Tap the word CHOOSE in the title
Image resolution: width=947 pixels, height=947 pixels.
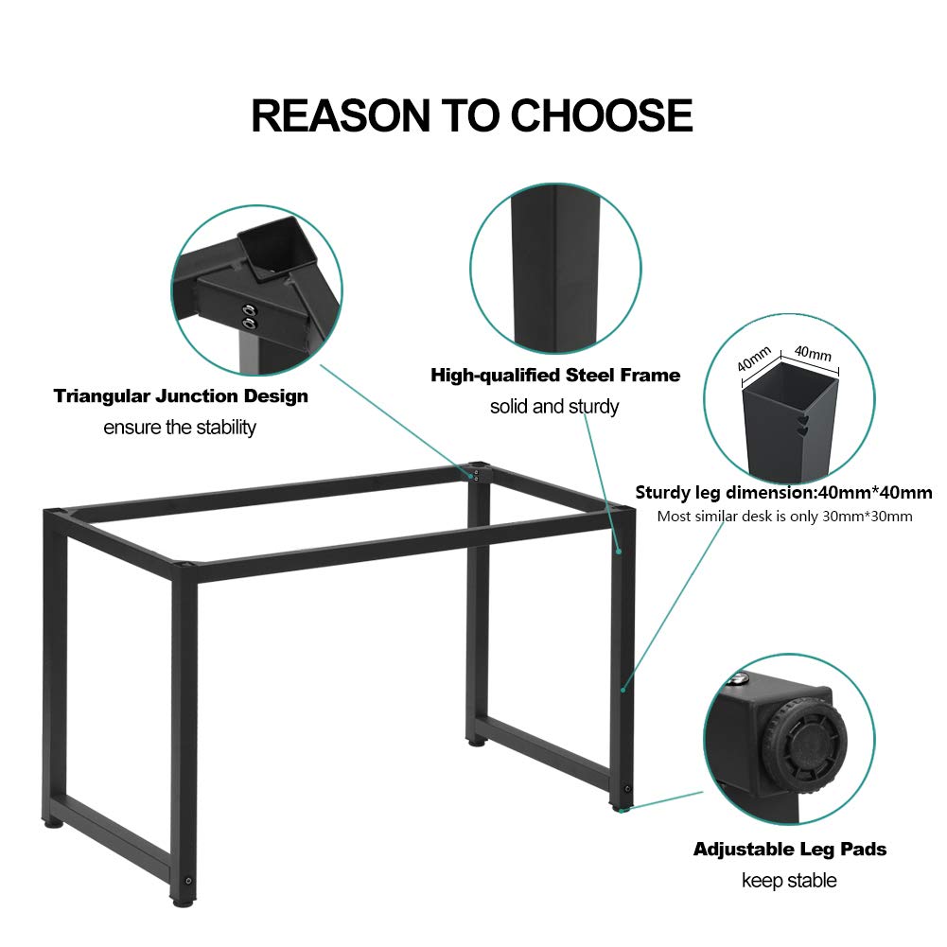tap(602, 114)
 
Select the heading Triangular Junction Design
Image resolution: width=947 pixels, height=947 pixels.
tap(181, 395)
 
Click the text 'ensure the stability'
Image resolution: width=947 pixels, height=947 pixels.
tap(180, 428)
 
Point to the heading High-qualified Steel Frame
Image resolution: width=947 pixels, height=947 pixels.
tap(555, 376)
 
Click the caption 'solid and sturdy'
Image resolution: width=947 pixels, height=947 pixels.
tap(554, 407)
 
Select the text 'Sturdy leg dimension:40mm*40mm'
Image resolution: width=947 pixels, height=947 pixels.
tap(783, 493)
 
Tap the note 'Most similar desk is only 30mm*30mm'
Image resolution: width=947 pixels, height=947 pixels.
tap(784, 517)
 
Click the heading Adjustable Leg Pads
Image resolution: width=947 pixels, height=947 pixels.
tap(790, 849)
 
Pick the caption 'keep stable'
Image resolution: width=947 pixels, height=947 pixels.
tap(789, 881)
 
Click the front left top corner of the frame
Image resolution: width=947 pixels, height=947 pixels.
tap(186, 570)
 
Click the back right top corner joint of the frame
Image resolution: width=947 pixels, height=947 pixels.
tap(477, 470)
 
